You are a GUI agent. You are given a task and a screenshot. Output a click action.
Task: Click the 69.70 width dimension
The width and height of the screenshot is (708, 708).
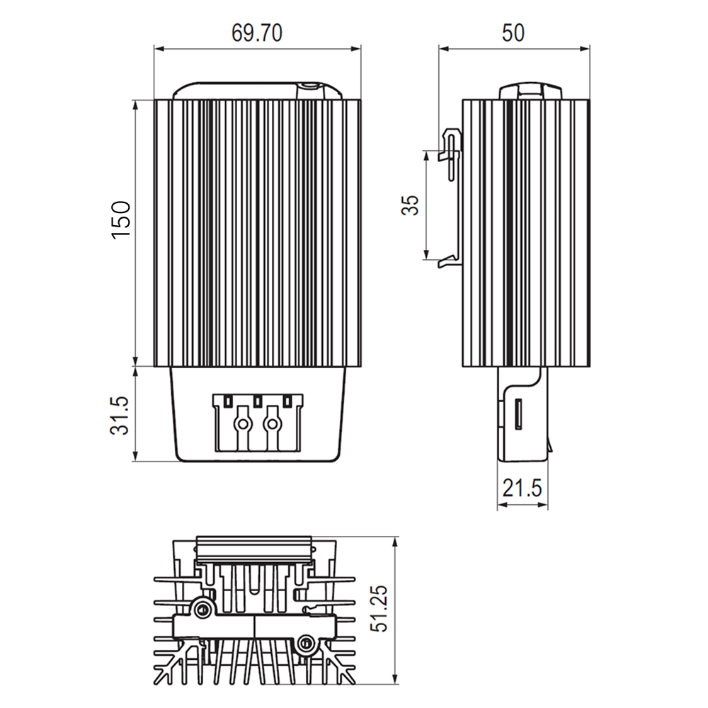point(256,33)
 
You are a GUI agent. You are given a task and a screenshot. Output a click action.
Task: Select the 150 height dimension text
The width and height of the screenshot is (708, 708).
point(121,219)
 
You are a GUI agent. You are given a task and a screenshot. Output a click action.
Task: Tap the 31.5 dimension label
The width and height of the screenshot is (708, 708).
point(121,415)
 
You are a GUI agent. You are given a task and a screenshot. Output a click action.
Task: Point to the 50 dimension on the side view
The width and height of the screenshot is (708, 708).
point(513,33)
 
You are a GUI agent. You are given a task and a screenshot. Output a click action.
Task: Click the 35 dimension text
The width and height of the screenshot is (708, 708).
point(411,205)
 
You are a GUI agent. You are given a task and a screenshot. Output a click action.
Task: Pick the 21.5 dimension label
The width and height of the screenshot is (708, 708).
point(522,488)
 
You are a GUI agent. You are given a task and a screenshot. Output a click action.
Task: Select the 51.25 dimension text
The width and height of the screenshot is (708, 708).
point(380,610)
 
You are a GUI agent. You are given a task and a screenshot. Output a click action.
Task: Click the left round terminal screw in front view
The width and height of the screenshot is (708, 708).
point(243,424)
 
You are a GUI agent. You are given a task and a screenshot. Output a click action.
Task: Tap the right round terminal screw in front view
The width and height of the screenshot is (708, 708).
point(270,424)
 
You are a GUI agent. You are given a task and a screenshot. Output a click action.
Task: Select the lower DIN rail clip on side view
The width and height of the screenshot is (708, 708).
point(451,260)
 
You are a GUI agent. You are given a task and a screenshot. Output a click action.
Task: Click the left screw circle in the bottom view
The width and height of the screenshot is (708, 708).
point(204,609)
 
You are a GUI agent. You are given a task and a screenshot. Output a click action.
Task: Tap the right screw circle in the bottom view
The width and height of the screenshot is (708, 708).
point(306,644)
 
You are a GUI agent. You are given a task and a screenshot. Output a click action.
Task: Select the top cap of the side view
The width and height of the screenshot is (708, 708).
point(530,91)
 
